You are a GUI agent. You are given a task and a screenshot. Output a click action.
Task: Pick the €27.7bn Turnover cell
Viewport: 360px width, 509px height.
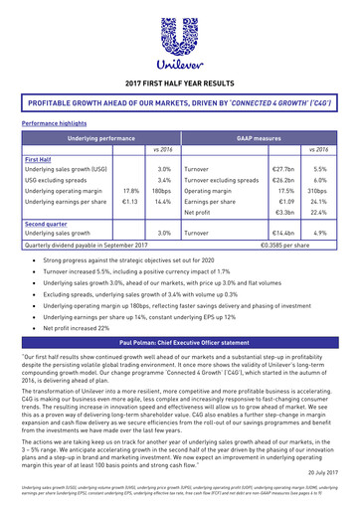click(x=283, y=170)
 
